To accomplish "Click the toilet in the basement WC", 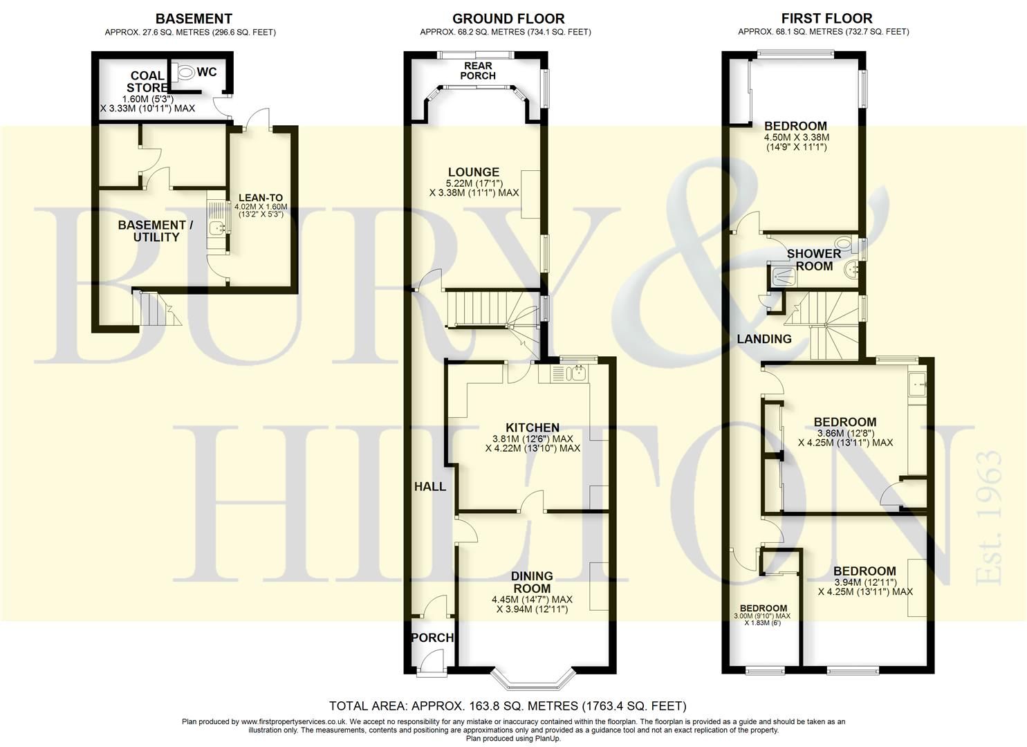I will coord(185,72).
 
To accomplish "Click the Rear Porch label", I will coord(478,71).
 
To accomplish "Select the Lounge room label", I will coord(473,172).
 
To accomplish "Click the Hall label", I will coord(429,486).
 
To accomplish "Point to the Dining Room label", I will coord(532,582).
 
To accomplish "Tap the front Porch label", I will coord(432,638).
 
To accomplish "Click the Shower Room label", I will coord(814,259).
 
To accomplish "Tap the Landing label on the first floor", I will coord(764,339).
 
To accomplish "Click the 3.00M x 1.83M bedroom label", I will coord(766,609).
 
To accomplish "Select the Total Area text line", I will coord(508,706).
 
